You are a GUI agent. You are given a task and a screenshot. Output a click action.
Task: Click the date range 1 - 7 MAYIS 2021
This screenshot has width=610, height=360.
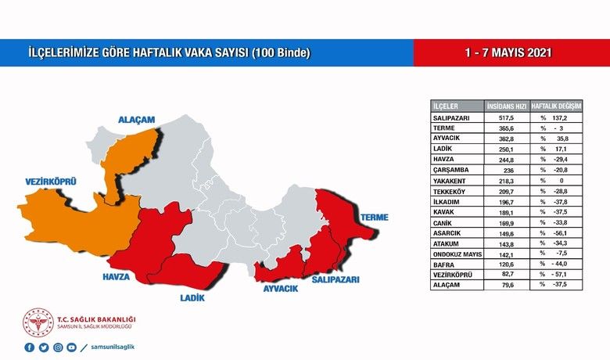(508, 53)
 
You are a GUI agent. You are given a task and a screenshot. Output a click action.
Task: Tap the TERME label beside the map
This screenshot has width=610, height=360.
(374, 216)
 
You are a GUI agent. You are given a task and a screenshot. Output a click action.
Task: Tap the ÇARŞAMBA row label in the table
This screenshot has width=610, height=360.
(451, 168)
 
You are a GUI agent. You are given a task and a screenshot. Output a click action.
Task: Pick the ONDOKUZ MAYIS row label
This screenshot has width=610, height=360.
(457, 254)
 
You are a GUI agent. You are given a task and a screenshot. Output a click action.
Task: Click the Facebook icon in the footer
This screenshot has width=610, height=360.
(30, 347)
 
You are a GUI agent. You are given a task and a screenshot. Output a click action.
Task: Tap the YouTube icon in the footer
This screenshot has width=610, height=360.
(72, 347)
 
